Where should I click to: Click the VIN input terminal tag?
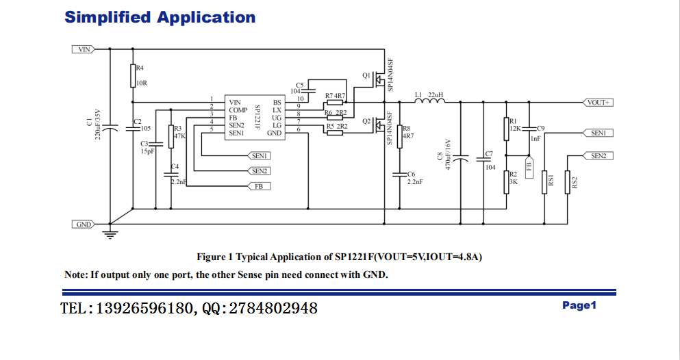(x=83, y=49)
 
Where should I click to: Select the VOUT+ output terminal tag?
(x=599, y=102)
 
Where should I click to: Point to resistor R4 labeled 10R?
(x=132, y=76)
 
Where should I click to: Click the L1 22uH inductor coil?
(x=430, y=102)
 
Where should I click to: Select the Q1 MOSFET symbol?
(x=378, y=79)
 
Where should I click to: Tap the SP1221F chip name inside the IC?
(x=257, y=116)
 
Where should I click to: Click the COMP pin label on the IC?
(x=238, y=110)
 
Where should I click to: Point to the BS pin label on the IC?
(x=277, y=103)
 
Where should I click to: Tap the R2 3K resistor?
(x=507, y=182)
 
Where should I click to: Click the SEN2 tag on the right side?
(x=599, y=156)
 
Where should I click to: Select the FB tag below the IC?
(x=258, y=186)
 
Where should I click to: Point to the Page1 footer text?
(x=579, y=305)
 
